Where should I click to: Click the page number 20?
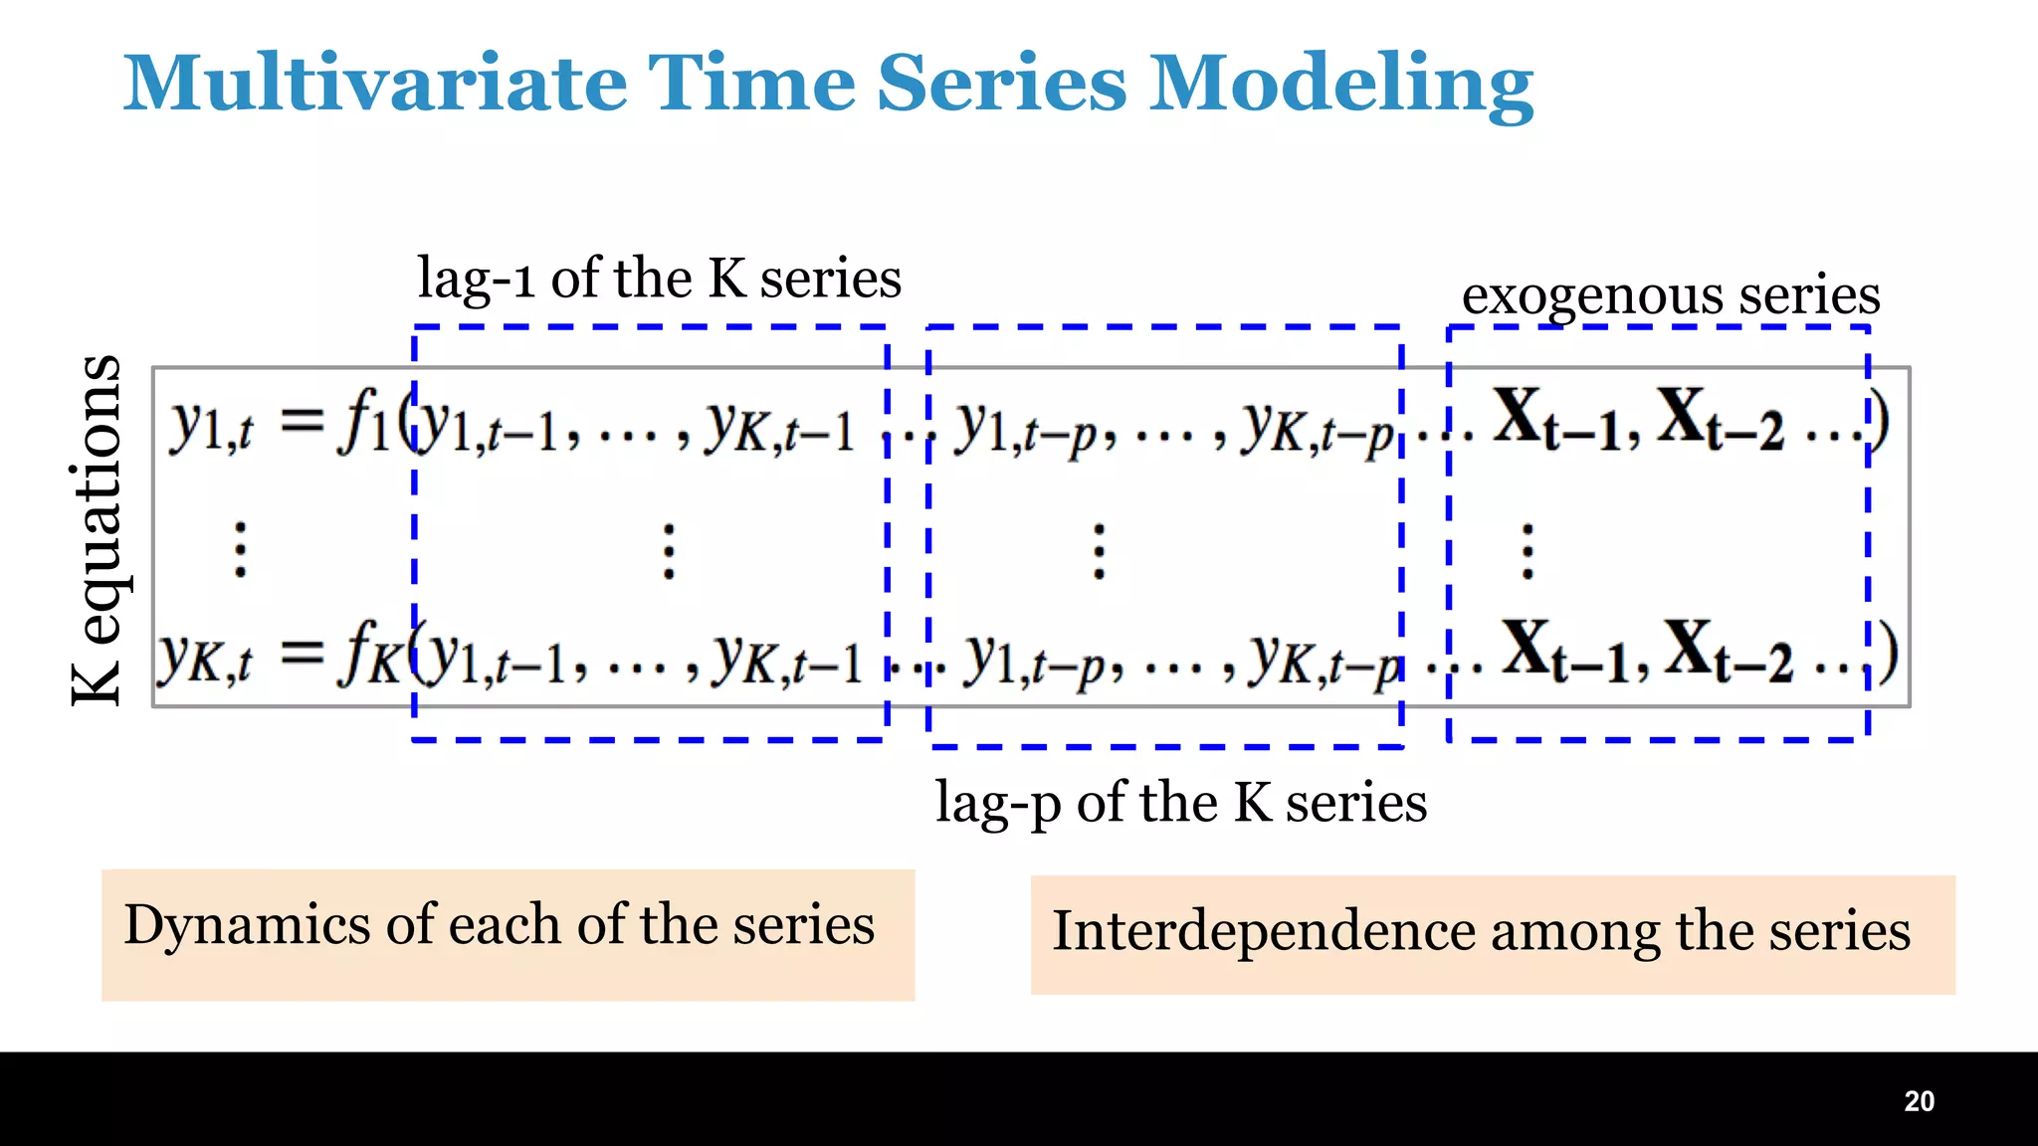[x=1919, y=1101]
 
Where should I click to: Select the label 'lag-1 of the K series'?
[x=659, y=279]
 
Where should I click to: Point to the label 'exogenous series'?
[x=1670, y=295]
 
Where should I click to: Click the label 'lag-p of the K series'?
[x=1180, y=803]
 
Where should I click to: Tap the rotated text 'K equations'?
[x=97, y=530]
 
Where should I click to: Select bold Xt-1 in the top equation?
[x=1556, y=419]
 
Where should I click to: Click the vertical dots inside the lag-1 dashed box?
[x=669, y=551]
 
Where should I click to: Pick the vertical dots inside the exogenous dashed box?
[x=1528, y=551]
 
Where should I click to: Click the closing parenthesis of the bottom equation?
[x=1888, y=653]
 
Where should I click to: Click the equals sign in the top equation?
[x=302, y=420]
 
